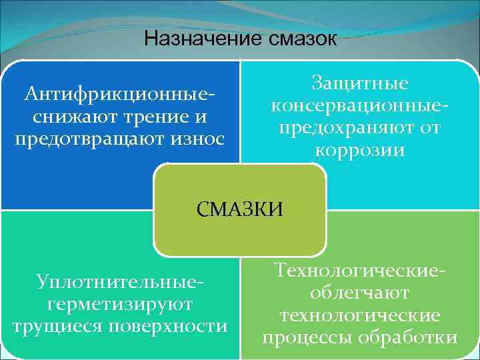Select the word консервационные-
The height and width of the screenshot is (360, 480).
(359, 106)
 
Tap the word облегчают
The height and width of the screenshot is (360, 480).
(359, 293)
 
